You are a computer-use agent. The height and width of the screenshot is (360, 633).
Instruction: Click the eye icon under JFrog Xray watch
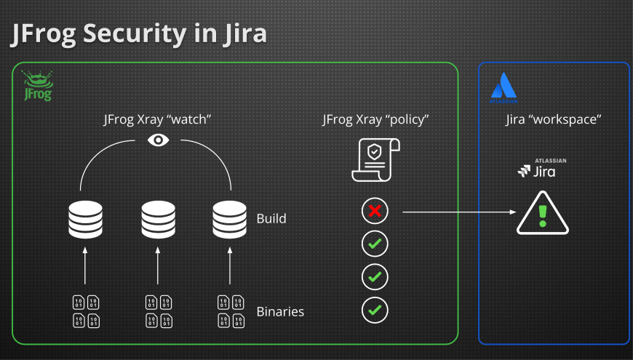coord(158,140)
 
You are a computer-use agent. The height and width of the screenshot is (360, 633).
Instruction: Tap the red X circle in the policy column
coord(375,212)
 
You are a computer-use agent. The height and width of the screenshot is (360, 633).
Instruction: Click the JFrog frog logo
coord(36,85)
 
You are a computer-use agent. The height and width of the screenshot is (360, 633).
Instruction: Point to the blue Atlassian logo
coord(503,87)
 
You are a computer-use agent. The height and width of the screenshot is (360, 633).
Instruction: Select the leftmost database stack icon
coord(85,218)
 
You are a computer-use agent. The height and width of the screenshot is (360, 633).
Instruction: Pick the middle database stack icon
coord(158,218)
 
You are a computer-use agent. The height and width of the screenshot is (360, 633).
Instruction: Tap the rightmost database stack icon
coord(230,218)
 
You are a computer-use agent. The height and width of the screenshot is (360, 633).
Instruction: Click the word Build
coord(271,218)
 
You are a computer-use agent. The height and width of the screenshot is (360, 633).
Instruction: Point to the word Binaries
coord(280,312)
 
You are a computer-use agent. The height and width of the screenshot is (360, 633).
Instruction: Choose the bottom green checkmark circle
coord(375,311)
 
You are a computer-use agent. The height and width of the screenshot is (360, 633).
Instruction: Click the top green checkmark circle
coord(375,244)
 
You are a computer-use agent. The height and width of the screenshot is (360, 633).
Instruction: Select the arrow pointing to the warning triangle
coord(458,212)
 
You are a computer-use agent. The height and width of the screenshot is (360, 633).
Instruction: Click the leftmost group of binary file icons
coord(86,311)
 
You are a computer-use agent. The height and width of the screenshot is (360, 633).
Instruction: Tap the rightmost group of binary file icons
coord(231,311)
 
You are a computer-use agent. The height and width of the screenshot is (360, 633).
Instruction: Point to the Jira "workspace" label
coord(553,119)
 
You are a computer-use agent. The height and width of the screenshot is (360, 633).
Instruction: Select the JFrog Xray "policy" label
coord(375,119)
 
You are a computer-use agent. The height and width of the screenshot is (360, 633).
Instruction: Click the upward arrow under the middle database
coord(158,265)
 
